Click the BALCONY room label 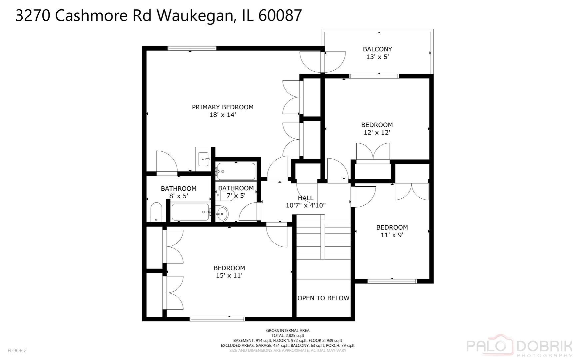(x=377, y=49)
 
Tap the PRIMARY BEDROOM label (x=223, y=107)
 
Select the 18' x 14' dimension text (x=223, y=115)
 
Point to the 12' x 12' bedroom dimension (x=377, y=133)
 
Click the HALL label (x=305, y=198)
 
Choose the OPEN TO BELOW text (x=323, y=298)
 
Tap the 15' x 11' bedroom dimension (x=229, y=276)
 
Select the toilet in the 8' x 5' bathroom (x=156, y=212)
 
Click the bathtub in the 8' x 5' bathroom (x=191, y=212)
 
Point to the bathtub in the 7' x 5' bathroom (x=236, y=171)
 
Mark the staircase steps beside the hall (x=323, y=237)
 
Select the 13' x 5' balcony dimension (x=377, y=57)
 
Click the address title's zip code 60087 (x=280, y=15)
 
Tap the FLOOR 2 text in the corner (x=17, y=350)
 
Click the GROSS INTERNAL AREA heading (x=288, y=331)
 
